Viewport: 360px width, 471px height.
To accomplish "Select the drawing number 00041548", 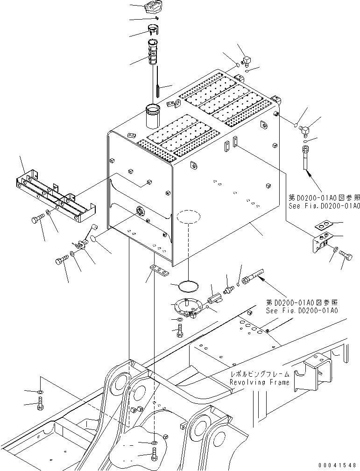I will (x=339, y=465).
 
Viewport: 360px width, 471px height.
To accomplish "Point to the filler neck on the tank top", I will (x=153, y=116).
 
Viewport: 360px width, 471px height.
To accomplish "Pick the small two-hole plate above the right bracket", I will (x=322, y=226).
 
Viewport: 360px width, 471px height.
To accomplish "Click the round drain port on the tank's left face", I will (x=139, y=211).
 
